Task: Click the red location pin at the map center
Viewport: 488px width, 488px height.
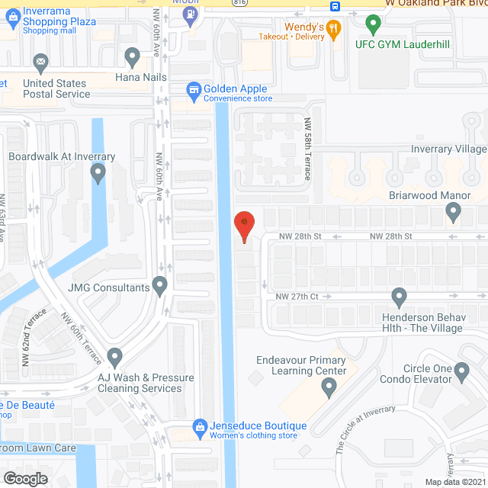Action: click(x=244, y=223)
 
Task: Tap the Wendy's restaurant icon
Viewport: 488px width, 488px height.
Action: click(x=332, y=29)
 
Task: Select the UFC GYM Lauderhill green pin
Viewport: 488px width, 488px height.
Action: click(x=372, y=24)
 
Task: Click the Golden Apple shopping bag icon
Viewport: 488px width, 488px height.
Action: click(x=194, y=90)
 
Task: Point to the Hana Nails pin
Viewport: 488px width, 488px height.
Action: click(x=132, y=56)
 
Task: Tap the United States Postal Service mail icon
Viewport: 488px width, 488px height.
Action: click(x=40, y=62)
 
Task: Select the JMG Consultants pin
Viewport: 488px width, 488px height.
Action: click(x=160, y=286)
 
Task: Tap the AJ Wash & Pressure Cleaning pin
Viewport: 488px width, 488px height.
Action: click(x=114, y=356)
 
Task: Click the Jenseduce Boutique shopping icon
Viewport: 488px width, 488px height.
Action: click(x=200, y=426)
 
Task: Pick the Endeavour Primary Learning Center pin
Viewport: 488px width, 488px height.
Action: click(x=329, y=389)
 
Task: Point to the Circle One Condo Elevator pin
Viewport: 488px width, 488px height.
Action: click(x=461, y=371)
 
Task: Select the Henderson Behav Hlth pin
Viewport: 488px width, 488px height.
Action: click(x=398, y=296)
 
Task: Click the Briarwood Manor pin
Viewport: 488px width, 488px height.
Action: click(x=454, y=213)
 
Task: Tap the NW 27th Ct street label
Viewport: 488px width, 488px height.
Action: click(x=297, y=296)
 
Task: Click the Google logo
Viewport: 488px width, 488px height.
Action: click(x=24, y=478)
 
